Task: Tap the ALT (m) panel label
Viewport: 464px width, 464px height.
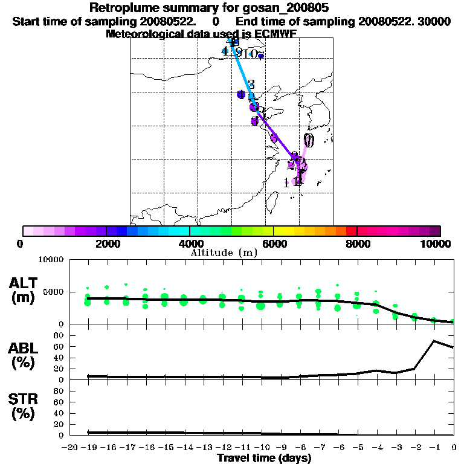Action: tap(24, 291)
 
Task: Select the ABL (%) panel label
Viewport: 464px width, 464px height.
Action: tap(24, 356)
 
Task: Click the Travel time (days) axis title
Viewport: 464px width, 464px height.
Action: tap(264, 459)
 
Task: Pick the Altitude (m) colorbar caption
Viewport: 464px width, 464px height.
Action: tap(224, 253)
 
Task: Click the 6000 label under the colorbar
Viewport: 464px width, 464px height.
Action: tap(274, 243)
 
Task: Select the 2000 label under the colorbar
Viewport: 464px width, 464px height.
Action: tap(106, 243)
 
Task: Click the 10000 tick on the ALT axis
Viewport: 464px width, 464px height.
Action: tap(51, 260)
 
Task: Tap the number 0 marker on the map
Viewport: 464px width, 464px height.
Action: tap(309, 141)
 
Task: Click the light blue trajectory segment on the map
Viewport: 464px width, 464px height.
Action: tap(242, 72)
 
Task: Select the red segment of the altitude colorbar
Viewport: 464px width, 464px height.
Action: tap(351, 231)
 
